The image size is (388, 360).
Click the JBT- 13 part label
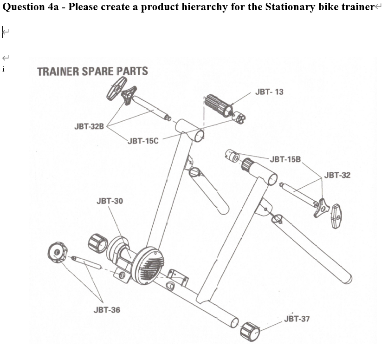coord(269,92)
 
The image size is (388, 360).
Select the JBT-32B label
coord(89,126)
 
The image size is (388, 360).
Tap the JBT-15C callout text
coord(143,141)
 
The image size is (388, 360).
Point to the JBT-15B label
coord(285,159)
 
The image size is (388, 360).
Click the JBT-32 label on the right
coord(337,175)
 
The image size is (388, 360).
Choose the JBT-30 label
coord(110,201)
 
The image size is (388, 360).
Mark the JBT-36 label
coord(107,310)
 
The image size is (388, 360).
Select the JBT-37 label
coord(297,319)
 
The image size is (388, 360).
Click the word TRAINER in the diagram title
coord(58,72)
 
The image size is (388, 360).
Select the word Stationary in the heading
coord(290,7)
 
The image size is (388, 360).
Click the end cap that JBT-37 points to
coord(250,332)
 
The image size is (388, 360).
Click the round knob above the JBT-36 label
coord(58,253)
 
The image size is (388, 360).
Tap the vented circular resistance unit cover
coord(148,266)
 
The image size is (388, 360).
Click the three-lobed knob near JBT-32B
coord(129,95)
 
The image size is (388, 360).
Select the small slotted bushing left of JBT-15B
coord(232,156)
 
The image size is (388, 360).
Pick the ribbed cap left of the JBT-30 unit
coord(98,243)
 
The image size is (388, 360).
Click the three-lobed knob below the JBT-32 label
coord(322,208)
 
